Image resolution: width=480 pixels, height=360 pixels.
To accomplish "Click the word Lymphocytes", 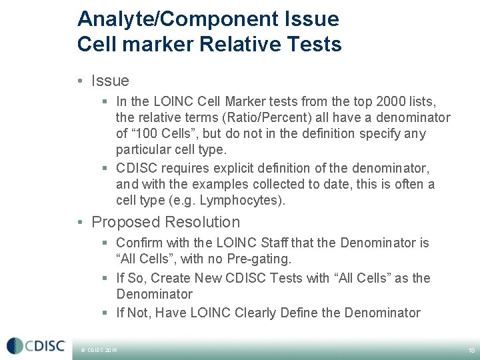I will point(247,201).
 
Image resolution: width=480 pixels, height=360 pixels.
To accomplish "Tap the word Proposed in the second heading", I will point(126,222).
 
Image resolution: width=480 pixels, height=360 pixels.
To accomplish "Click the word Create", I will point(171,278).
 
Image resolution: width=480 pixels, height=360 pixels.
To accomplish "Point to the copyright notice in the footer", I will point(99,349).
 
